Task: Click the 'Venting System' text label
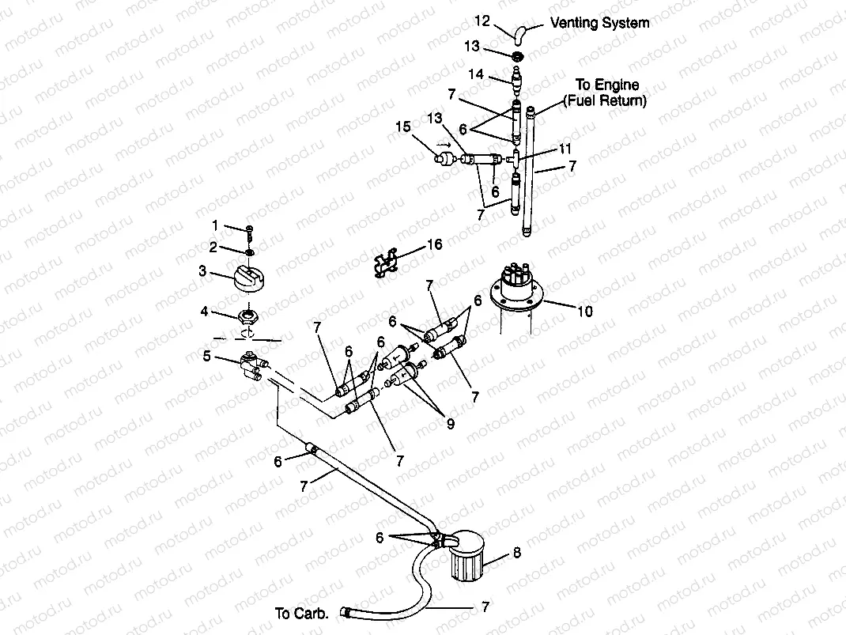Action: [599, 23]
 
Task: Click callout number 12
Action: [482, 20]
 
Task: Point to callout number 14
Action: [475, 74]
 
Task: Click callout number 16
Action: [434, 245]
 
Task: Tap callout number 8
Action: [516, 553]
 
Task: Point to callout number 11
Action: [565, 148]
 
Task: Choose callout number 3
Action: [202, 271]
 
